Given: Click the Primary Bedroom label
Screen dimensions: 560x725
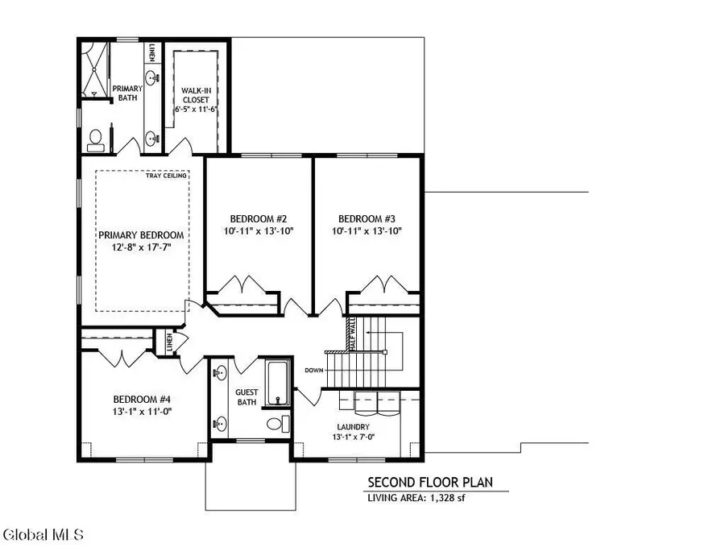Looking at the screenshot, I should click(x=141, y=235).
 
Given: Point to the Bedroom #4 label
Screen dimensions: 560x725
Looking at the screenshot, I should click(x=142, y=399).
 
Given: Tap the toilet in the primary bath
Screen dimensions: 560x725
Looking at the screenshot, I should click(x=94, y=140).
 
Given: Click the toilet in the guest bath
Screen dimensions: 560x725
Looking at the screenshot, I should click(x=274, y=424).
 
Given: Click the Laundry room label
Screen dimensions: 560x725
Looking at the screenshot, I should click(x=354, y=427).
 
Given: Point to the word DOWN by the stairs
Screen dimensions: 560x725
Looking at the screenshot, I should click(x=314, y=371).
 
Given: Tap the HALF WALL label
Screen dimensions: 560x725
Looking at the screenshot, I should click(x=351, y=332).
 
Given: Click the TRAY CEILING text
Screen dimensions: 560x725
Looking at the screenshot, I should click(x=167, y=176).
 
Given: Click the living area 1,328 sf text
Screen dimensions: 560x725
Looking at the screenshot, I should click(x=416, y=498).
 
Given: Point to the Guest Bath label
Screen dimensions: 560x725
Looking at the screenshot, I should click(x=246, y=397).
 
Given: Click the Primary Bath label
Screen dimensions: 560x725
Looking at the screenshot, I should click(x=126, y=93).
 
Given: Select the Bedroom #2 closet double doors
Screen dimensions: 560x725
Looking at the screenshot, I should click(x=243, y=285).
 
